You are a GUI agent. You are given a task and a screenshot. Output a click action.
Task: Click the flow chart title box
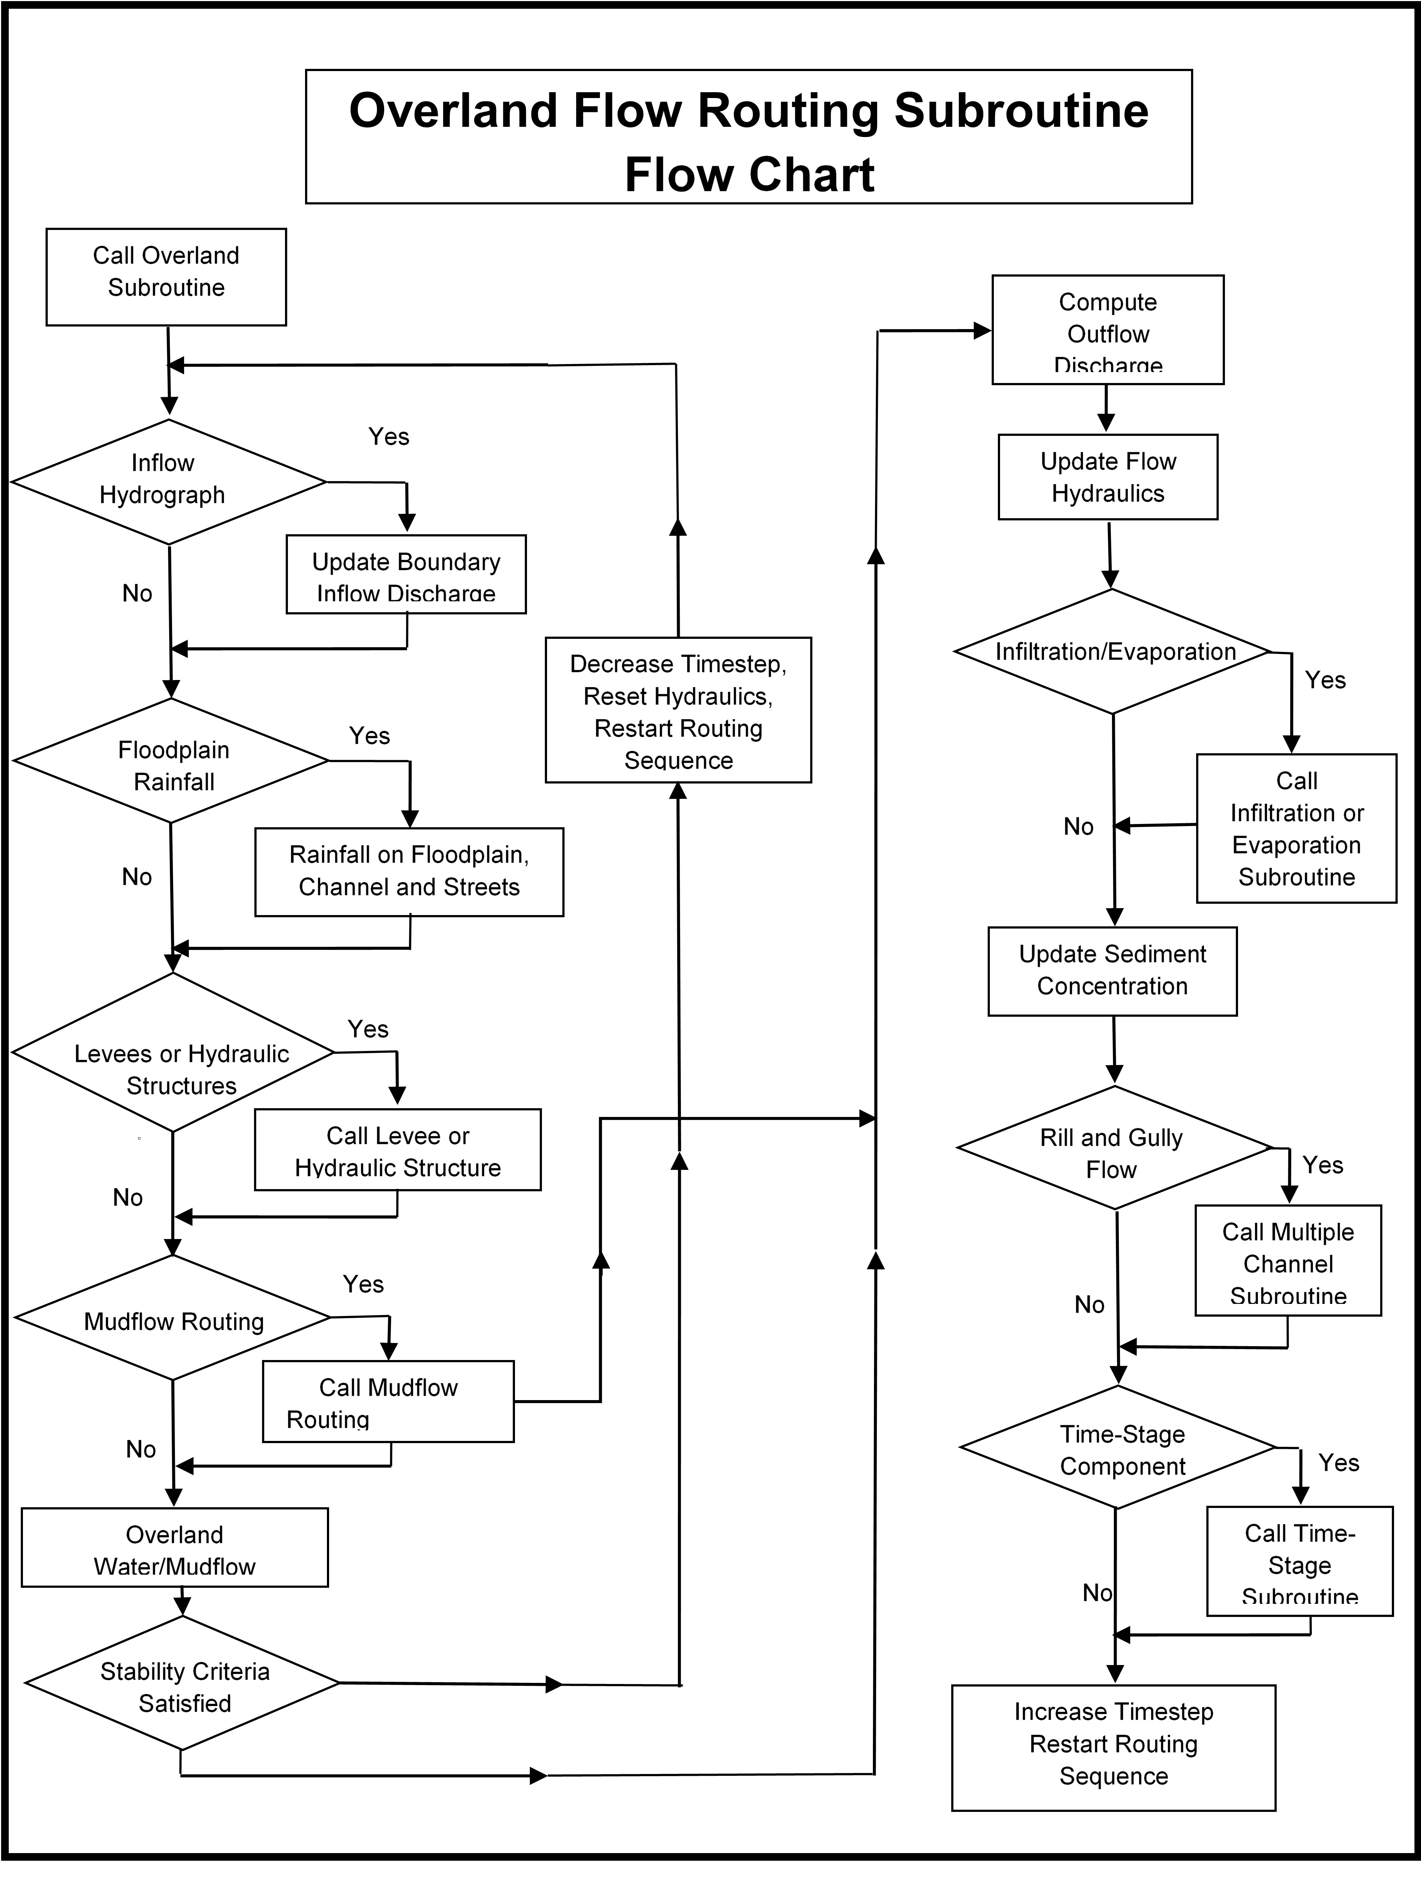pos(748,137)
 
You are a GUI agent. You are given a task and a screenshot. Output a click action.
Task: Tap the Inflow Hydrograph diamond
pos(169,481)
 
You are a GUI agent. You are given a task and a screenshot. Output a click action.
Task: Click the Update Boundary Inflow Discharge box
pos(406,574)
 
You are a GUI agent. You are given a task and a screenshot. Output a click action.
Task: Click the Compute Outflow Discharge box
pos(1108,329)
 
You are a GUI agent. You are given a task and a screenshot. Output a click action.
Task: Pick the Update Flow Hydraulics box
pos(1108,476)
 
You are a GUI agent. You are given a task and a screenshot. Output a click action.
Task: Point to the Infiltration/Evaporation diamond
pos(1112,651)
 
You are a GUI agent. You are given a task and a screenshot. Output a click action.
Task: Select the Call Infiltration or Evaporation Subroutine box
pos(1296,828)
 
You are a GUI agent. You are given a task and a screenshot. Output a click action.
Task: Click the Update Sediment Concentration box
pos(1112,971)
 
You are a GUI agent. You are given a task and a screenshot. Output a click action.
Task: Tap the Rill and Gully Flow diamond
pos(1114,1148)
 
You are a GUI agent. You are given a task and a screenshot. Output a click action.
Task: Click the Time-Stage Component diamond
pos(1117,1447)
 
